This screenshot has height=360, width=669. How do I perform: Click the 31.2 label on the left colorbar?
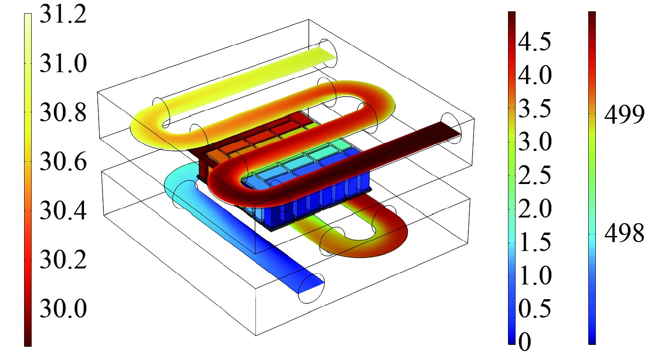click(63, 14)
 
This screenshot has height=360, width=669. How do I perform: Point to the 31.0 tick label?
click(63, 63)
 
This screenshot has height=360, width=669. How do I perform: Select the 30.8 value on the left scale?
click(63, 113)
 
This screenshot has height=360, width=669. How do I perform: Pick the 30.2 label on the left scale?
click(63, 260)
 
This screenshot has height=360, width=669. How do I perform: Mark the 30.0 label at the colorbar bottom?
click(63, 309)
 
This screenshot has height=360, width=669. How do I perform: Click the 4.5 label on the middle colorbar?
click(534, 41)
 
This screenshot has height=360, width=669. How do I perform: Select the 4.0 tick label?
click(534, 75)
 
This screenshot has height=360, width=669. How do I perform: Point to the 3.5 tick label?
click(534, 108)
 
